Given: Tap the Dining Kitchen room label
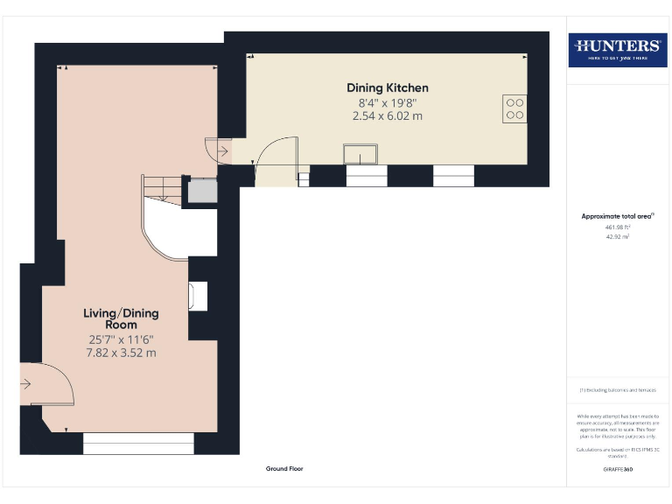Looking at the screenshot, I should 388,88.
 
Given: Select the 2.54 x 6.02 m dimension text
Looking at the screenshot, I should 388,115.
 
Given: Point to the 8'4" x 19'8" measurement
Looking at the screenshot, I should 388,102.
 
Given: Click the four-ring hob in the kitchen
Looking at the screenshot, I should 514,107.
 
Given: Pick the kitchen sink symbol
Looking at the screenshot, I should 360,156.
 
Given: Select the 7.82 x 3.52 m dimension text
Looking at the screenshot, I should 121,353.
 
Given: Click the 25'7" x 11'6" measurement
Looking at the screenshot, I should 121,339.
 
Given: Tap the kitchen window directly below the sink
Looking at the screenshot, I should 366,176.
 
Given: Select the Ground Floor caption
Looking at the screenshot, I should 284,469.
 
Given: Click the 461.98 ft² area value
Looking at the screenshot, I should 618,227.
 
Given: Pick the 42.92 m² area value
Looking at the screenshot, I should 618,237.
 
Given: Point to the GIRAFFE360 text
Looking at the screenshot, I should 618,471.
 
